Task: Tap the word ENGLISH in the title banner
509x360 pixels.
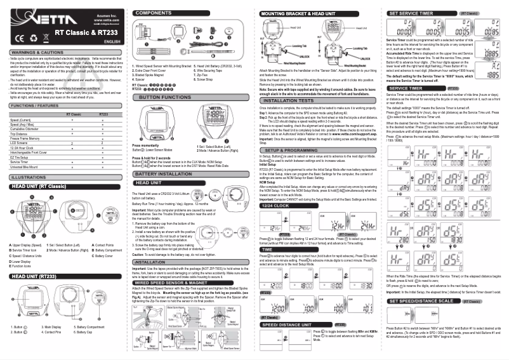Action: click(112, 41)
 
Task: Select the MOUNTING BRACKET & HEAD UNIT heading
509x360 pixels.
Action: click(298, 13)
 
